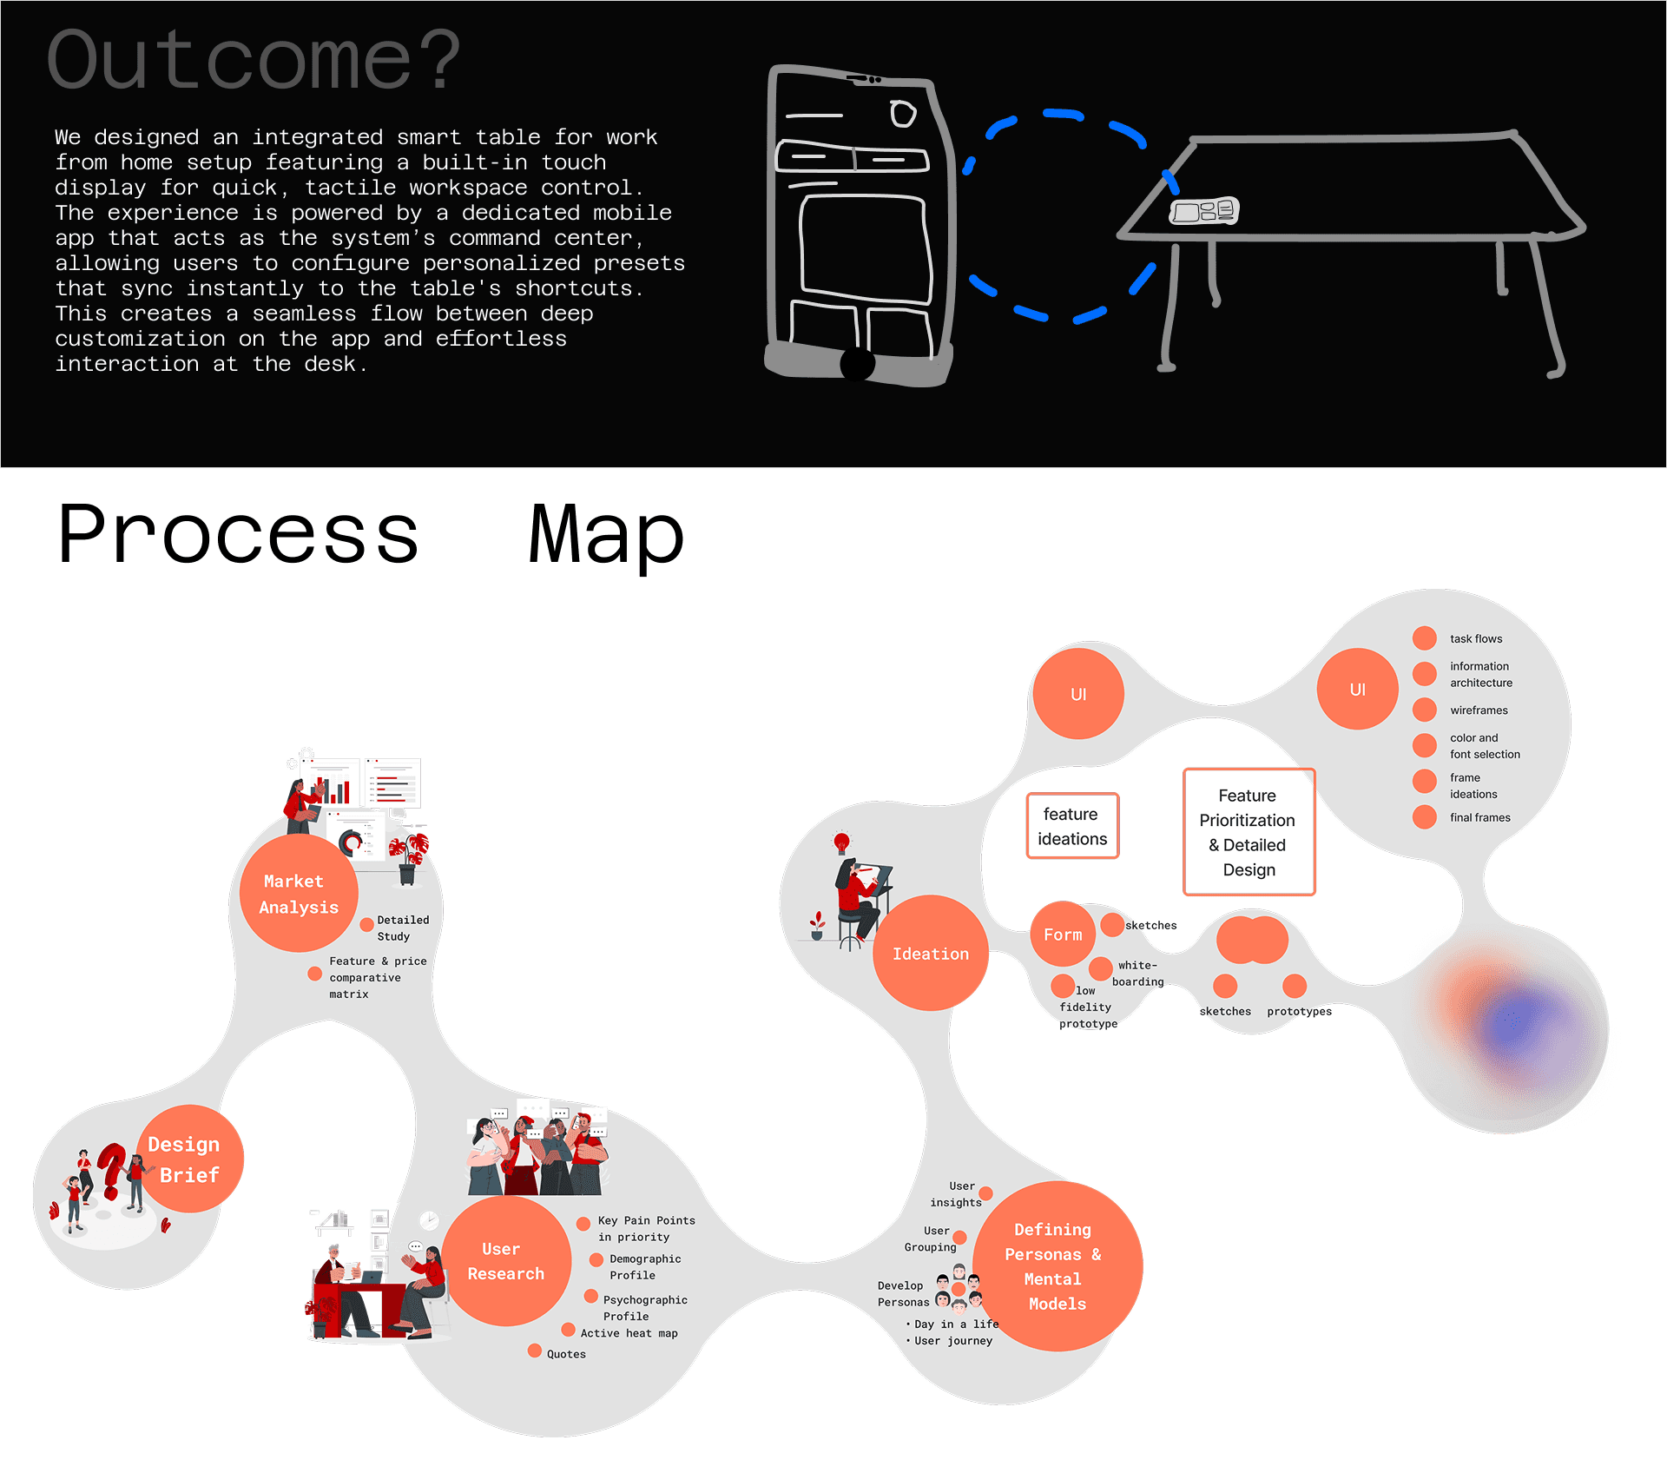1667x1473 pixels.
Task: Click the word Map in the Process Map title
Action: tap(607, 535)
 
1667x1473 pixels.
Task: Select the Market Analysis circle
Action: tap(298, 894)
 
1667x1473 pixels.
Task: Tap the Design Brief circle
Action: tap(189, 1159)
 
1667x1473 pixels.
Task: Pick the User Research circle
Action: tap(506, 1261)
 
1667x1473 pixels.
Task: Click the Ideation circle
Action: tap(930, 954)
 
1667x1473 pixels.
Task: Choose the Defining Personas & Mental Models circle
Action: tap(1057, 1266)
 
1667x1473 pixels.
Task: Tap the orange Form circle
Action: tap(1063, 935)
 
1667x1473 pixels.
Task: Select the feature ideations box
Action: tap(1072, 826)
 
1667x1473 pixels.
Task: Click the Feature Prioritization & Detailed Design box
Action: tap(1249, 832)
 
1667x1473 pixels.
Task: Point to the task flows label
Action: tap(1475, 639)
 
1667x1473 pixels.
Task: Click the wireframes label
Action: tap(1479, 710)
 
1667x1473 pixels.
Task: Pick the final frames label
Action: tap(1479, 817)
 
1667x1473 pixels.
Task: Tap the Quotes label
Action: tap(566, 1354)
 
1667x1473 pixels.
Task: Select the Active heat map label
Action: tap(629, 1333)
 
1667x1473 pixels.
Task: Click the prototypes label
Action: tap(1299, 1011)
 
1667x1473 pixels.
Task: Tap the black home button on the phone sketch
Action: tap(857, 364)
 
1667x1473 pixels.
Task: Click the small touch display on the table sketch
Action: tap(1203, 211)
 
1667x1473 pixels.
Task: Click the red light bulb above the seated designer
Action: tap(840, 841)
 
